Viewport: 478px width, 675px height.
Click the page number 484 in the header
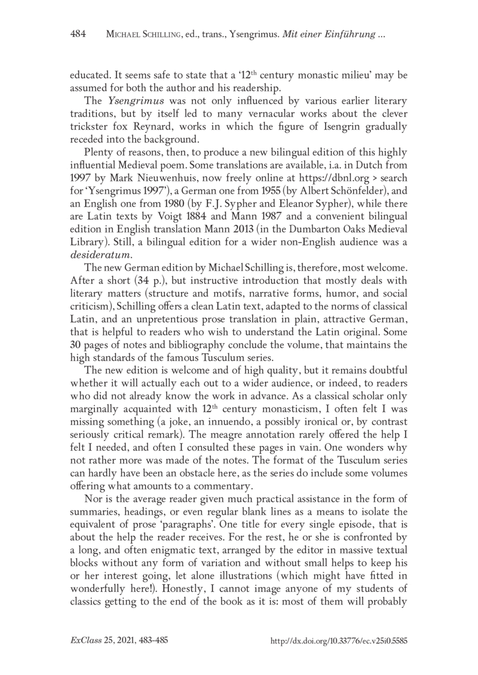78,35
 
